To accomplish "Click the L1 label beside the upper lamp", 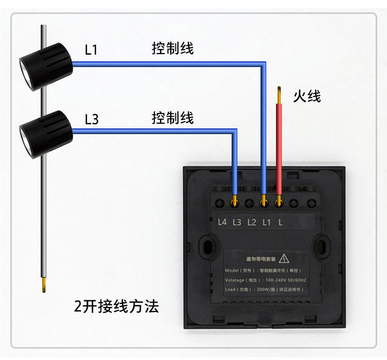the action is coord(91,50).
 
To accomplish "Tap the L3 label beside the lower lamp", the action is coord(91,120).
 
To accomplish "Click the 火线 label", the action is coord(307,96).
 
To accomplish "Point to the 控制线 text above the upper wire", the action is coord(172,49).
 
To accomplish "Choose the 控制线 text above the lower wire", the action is coord(172,118).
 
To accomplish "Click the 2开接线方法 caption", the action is coord(116,307).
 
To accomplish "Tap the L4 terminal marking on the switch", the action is coord(222,222).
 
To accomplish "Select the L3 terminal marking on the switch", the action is coord(237,222).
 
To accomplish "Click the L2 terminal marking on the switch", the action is coord(252,222).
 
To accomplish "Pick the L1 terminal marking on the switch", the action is coord(267,222).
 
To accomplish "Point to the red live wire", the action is coord(279,144).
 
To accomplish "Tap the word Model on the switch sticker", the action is coord(235,270).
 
